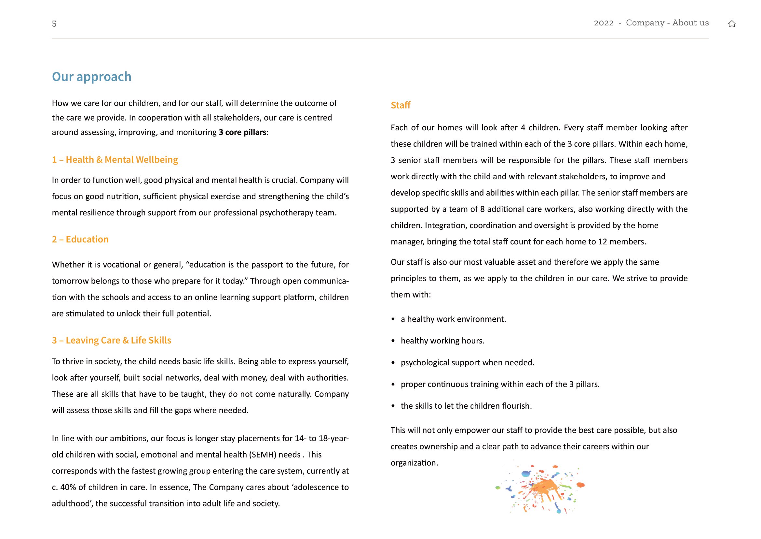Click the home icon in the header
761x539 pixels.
pyautogui.click(x=731, y=23)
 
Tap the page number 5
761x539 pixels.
pyautogui.click(x=54, y=23)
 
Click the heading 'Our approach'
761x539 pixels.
pyautogui.click(x=91, y=77)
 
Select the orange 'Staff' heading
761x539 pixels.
pyautogui.click(x=401, y=105)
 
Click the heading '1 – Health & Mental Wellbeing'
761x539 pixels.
pyautogui.click(x=115, y=160)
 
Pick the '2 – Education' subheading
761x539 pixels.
pyautogui.click(x=80, y=239)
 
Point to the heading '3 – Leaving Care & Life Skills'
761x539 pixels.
pyautogui.click(x=111, y=340)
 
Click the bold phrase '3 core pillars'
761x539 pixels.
pyautogui.click(x=242, y=132)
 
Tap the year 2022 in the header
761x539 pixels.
pyautogui.click(x=604, y=23)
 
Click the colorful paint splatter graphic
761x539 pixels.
pyautogui.click(x=540, y=488)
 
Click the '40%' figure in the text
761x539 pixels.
pyautogui.click(x=68, y=487)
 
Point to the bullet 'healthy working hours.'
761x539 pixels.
pyautogui.click(x=442, y=341)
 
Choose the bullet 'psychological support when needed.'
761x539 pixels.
pyautogui.click(x=467, y=362)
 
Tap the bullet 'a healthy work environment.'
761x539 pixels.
pyautogui.click(x=453, y=319)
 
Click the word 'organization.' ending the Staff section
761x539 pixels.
pyautogui.click(x=414, y=463)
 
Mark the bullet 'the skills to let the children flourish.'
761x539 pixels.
pyautogui.click(x=466, y=406)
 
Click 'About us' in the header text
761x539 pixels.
pyautogui.click(x=690, y=23)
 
